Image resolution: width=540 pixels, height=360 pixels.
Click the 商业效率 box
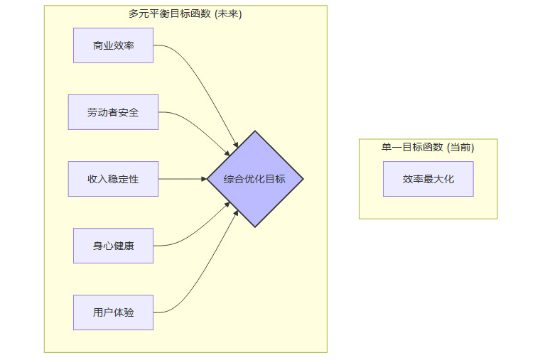[113, 45]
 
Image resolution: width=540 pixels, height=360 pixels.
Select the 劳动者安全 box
[113, 112]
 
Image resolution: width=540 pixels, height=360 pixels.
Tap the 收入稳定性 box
[113, 179]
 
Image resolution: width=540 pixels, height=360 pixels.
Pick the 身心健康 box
[113, 246]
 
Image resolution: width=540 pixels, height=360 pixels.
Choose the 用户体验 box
[113, 312]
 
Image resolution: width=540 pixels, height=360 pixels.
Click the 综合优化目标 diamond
[254, 179]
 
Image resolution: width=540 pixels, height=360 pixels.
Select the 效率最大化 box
[428, 179]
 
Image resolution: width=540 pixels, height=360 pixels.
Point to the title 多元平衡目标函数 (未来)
[185, 14]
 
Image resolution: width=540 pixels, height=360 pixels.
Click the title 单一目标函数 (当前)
[428, 148]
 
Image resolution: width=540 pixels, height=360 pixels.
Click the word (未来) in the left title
[227, 14]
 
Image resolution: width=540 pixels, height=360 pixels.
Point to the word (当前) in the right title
[460, 148]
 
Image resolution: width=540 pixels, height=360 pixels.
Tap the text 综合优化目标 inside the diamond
[254, 179]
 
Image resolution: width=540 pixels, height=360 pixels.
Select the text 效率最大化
[428, 179]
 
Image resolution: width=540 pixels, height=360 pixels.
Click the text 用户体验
[113, 312]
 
